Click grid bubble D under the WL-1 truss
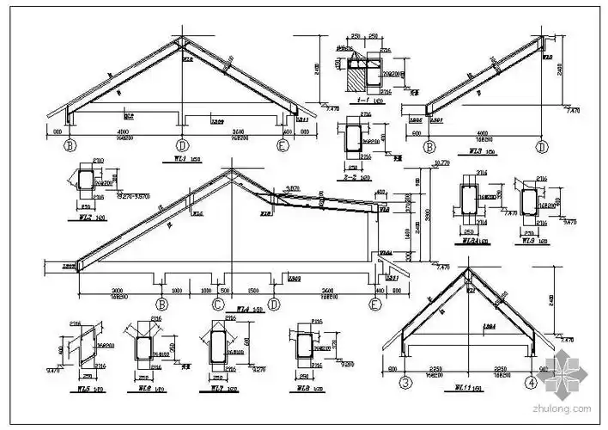(182, 145)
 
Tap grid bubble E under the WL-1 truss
(282, 145)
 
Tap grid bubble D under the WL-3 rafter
(542, 147)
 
